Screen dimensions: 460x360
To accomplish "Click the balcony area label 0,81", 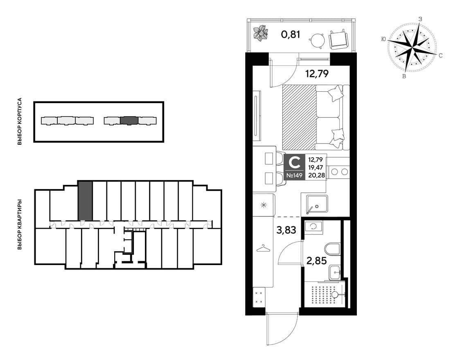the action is (291, 35).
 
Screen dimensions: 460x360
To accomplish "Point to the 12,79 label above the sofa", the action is (316, 73).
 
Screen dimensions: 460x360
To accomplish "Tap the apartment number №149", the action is (295, 175).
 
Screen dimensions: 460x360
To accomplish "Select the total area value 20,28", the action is (316, 175).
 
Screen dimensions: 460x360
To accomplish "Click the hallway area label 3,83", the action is (286, 230).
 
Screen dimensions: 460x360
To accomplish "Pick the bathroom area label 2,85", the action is (316, 260).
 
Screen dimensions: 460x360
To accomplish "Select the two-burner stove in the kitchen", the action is (339, 172).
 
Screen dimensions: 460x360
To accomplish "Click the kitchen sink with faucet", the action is (314, 203).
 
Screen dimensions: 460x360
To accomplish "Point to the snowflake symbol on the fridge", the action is (264, 205).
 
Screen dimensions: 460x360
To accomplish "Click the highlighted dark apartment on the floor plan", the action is (86, 201).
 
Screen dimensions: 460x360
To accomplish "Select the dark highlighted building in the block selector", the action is (129, 121).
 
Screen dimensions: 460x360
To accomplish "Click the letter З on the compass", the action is (420, 19).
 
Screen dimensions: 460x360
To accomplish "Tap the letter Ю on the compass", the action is (383, 39).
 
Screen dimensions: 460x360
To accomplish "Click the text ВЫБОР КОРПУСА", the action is (20, 122).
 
